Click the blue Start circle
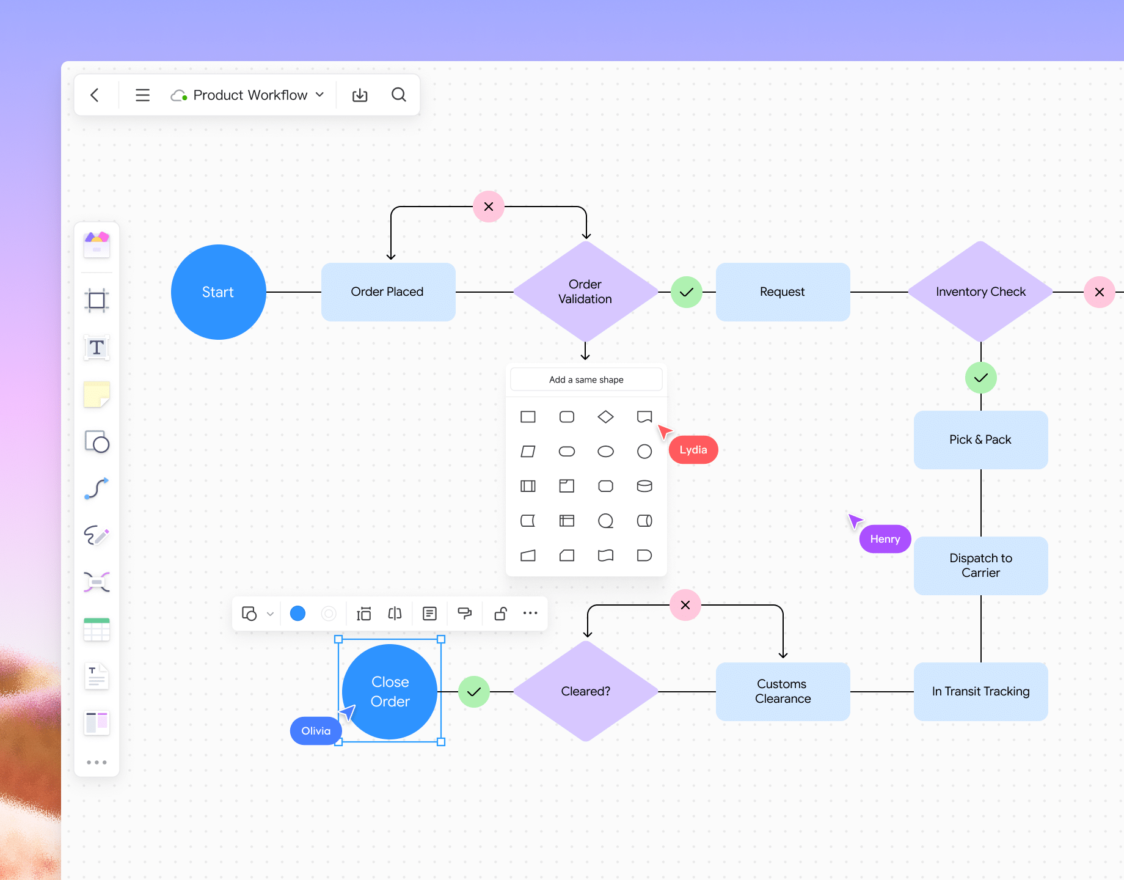tap(218, 292)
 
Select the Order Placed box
tap(388, 292)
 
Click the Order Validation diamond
tap(585, 292)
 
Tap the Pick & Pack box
tap(980, 440)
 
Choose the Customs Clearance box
tap(783, 691)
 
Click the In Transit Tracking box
tap(980, 691)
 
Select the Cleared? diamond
tap(585, 691)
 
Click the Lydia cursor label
tap(693, 450)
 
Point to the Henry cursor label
tap(885, 539)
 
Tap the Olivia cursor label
tap(315, 731)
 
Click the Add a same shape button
tap(586, 380)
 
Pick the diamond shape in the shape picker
tap(605, 417)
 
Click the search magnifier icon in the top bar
tap(399, 95)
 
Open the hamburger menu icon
tap(142, 95)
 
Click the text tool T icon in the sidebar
tap(97, 348)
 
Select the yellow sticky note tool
tap(97, 394)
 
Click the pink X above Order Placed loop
tap(489, 207)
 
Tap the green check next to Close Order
tap(474, 692)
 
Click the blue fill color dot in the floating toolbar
tap(297, 614)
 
